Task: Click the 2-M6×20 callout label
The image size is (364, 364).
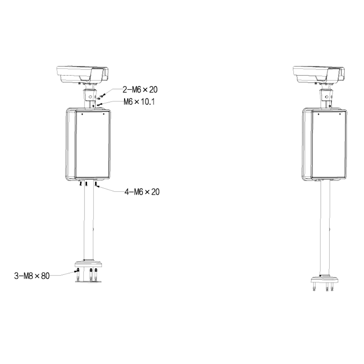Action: [x=140, y=90]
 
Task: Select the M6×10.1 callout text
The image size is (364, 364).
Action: [x=139, y=102]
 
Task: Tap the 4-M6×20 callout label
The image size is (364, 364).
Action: [x=142, y=192]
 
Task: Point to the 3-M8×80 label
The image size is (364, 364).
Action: [x=32, y=276]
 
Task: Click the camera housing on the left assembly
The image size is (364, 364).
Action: [x=82, y=75]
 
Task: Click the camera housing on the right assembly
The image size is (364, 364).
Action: [x=318, y=75]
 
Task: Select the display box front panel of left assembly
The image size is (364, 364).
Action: [x=92, y=144]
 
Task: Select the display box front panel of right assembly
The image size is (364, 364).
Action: [x=329, y=145]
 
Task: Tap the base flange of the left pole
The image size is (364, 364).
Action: [x=89, y=264]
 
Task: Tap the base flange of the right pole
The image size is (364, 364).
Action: [x=325, y=279]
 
